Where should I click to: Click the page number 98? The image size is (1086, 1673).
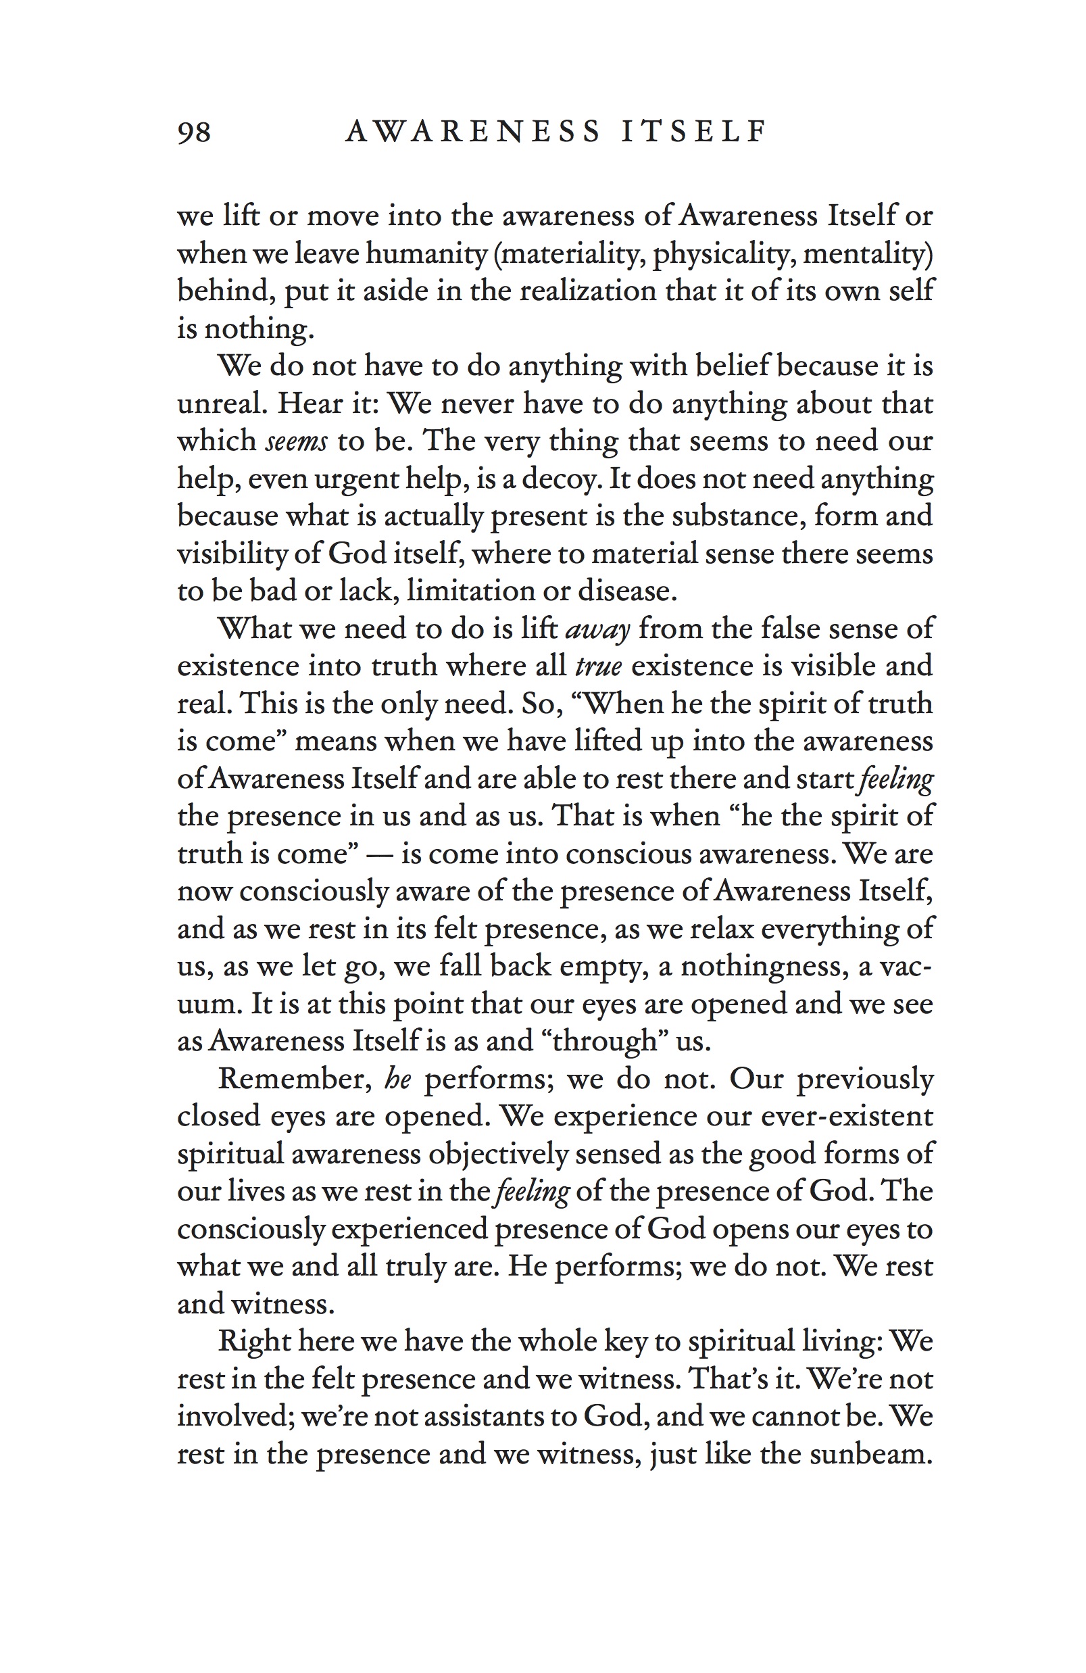[x=194, y=132]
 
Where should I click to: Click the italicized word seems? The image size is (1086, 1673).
[x=297, y=441]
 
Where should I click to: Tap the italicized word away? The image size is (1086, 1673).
[x=597, y=629]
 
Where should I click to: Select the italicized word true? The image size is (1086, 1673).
[x=598, y=666]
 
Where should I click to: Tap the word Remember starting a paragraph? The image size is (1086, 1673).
[x=295, y=1079]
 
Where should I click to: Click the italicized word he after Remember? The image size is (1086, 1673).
[x=398, y=1079]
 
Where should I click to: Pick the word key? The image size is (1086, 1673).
[x=626, y=1342]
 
